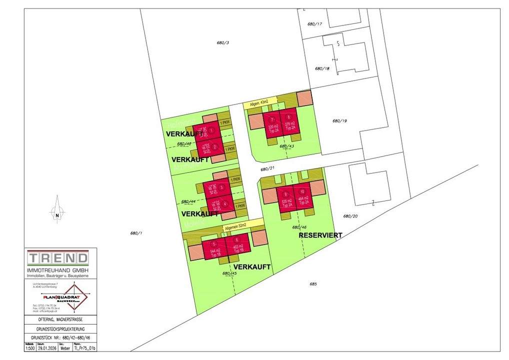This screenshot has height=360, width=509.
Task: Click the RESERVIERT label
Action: [320, 235]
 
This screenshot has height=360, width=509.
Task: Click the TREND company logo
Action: [58, 258]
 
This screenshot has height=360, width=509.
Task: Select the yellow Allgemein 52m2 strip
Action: [243, 225]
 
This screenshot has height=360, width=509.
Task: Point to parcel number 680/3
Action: [223, 43]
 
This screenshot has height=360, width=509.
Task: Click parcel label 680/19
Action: [339, 121]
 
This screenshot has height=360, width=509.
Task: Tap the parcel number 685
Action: [313, 284]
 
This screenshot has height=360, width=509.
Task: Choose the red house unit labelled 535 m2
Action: [287, 199]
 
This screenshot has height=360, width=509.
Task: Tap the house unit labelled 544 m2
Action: [214, 247]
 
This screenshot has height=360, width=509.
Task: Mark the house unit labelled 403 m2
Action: [237, 247]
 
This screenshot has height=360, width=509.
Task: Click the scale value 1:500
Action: [30, 348]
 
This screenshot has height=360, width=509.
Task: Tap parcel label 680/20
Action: [350, 216]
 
